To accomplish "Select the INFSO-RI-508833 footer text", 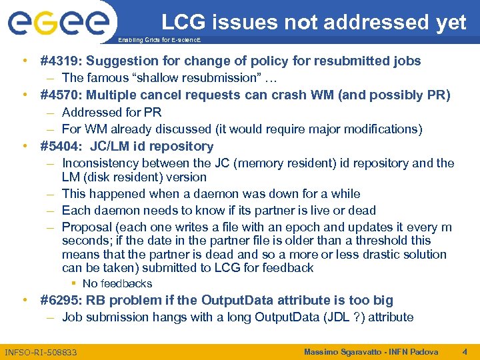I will (41, 352).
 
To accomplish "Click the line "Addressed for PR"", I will (111, 113).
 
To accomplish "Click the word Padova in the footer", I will (426, 351).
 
